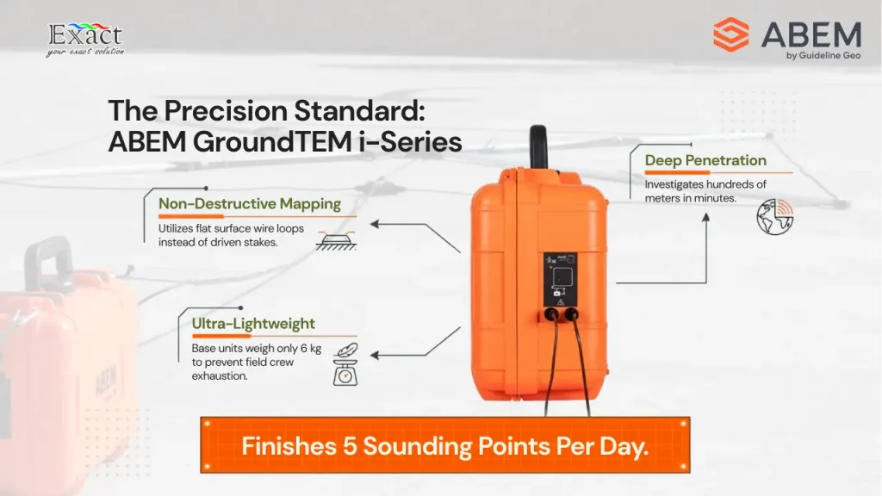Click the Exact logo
[x=85, y=40]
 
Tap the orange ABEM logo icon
[x=730, y=34]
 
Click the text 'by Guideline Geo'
[x=823, y=55]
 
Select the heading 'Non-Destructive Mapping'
[x=250, y=203]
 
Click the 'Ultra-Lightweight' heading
[x=253, y=324]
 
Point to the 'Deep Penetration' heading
[x=705, y=160]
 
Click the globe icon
[x=774, y=216]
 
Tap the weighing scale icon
[x=345, y=365]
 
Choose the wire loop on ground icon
[x=336, y=240]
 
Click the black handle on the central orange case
[x=538, y=146]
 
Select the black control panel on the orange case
[x=560, y=280]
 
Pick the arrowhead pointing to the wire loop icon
[x=374, y=225]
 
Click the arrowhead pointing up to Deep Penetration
[x=706, y=218]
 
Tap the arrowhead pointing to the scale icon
[x=374, y=356]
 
